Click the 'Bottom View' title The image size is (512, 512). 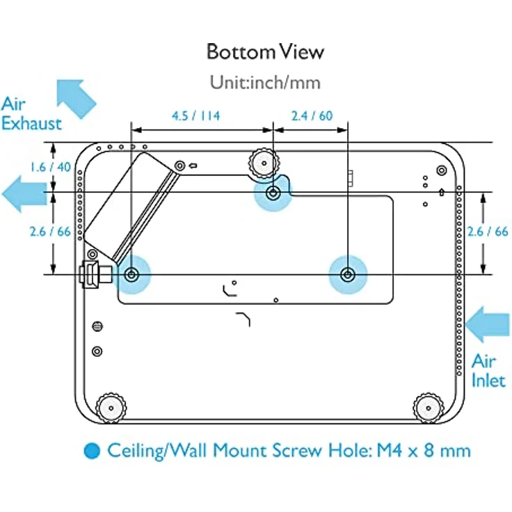[265, 52]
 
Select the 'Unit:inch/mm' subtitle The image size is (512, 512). [265, 82]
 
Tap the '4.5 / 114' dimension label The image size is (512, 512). [196, 116]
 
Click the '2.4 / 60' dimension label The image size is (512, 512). [312, 116]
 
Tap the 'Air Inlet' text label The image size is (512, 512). [488, 370]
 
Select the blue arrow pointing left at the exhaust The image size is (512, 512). [24, 193]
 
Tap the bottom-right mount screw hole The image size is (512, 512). [347, 275]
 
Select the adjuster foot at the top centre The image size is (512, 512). [264, 162]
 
